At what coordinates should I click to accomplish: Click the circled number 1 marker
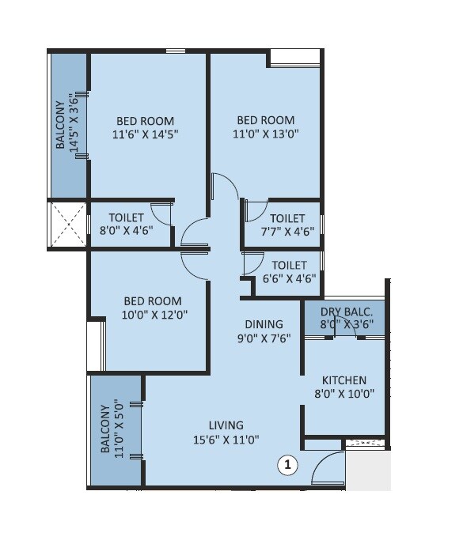pos(287,467)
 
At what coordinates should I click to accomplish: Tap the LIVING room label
pos(226,425)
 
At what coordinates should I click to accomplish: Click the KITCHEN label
pos(345,380)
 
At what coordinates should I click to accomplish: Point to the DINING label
pos(264,323)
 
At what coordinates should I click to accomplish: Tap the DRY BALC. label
pos(345,310)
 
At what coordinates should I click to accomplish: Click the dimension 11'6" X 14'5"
pos(145,134)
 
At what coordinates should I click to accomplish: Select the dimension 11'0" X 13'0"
pos(264,134)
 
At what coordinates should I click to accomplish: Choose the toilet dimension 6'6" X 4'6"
pos(288,278)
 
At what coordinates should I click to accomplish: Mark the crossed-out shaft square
pos(67,225)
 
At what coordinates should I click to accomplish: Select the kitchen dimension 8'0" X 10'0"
pos(345,394)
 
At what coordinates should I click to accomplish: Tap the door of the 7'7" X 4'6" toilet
pos(253,210)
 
